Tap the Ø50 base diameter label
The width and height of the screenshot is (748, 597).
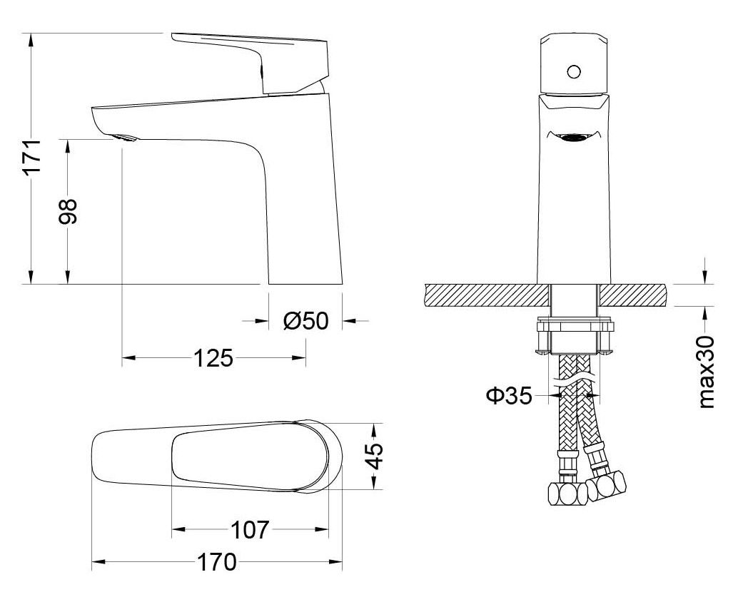pyautogui.click(x=305, y=321)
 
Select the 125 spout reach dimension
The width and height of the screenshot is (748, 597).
pyautogui.click(x=214, y=358)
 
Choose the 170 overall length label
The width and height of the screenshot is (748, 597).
pyautogui.click(x=216, y=562)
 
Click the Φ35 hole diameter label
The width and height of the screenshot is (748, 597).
pyautogui.click(x=510, y=394)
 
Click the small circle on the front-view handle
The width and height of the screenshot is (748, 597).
pyautogui.click(x=573, y=71)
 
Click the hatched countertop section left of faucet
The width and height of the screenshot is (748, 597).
pyautogui.click(x=485, y=294)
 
